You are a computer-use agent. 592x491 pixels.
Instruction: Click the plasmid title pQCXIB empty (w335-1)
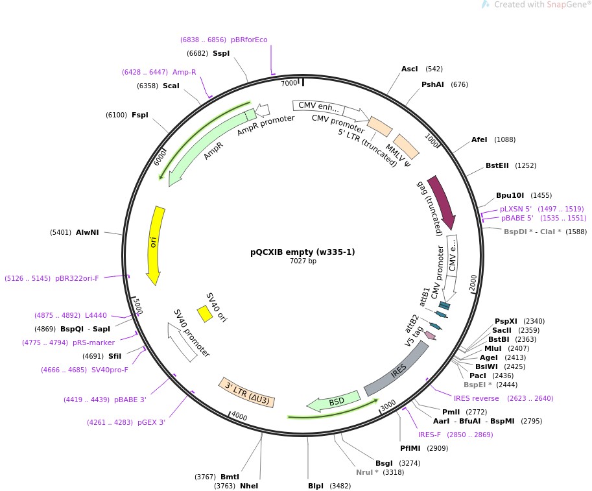(x=303, y=252)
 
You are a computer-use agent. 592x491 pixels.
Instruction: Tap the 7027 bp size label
(x=303, y=261)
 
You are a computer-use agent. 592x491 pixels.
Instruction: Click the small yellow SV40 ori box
(x=204, y=313)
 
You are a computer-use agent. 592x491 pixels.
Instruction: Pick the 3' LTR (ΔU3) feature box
(x=247, y=392)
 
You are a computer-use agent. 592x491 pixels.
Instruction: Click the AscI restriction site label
(x=410, y=69)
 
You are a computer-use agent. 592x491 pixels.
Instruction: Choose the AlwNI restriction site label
(x=88, y=232)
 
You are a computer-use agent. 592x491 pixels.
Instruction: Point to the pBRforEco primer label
(x=249, y=40)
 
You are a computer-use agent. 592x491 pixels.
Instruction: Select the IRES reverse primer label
(x=477, y=398)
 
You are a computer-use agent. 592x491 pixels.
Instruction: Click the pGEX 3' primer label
(x=151, y=422)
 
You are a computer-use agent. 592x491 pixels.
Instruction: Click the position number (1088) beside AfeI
(x=505, y=139)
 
